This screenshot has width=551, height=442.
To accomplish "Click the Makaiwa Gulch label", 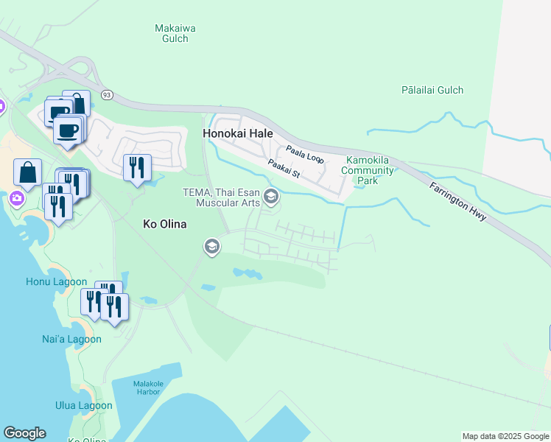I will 175,33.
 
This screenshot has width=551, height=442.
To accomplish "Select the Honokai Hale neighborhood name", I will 237,134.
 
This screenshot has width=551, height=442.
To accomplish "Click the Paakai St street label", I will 284,169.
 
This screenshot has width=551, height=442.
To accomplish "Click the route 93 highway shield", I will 108,95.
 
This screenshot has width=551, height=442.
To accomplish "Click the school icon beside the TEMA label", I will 271,195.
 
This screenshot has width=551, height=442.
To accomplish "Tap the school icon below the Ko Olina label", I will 212,247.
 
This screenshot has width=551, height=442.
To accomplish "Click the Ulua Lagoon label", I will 84,405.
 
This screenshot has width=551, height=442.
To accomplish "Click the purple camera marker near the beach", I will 15,198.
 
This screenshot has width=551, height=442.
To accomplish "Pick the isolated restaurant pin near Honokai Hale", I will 136,168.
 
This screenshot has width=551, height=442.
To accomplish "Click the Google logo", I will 24,433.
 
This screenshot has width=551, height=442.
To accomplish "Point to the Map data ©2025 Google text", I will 505,436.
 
